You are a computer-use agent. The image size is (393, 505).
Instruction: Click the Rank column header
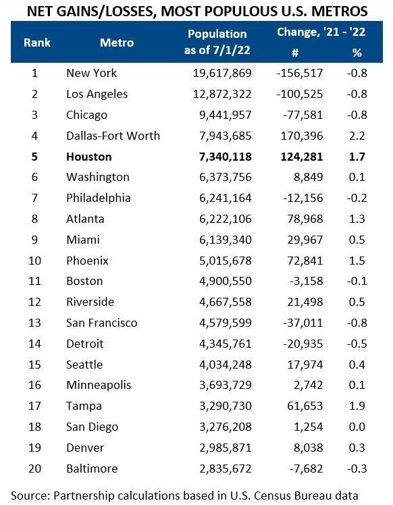pyautogui.click(x=37, y=43)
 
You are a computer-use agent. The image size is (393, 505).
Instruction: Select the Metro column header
pyautogui.click(x=117, y=43)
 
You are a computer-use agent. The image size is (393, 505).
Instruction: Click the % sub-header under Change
pyautogui.click(x=357, y=53)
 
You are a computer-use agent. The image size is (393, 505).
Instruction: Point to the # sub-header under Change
pyautogui.click(x=294, y=53)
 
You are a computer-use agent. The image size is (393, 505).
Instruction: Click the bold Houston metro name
pyautogui.click(x=89, y=157)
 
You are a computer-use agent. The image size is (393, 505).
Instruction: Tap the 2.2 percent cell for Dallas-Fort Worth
pyautogui.click(x=357, y=136)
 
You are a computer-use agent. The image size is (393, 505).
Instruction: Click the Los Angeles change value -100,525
pyautogui.click(x=298, y=94)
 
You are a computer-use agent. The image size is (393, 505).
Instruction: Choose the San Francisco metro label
pyautogui.click(x=101, y=323)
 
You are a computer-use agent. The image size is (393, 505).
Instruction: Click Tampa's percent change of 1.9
pyautogui.click(x=357, y=406)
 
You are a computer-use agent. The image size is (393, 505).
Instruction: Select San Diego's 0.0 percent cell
pyautogui.click(x=357, y=427)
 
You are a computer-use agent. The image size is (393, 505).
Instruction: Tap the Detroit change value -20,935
pyautogui.click(x=300, y=344)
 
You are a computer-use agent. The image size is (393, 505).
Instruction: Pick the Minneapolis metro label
pyautogui.click(x=98, y=385)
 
